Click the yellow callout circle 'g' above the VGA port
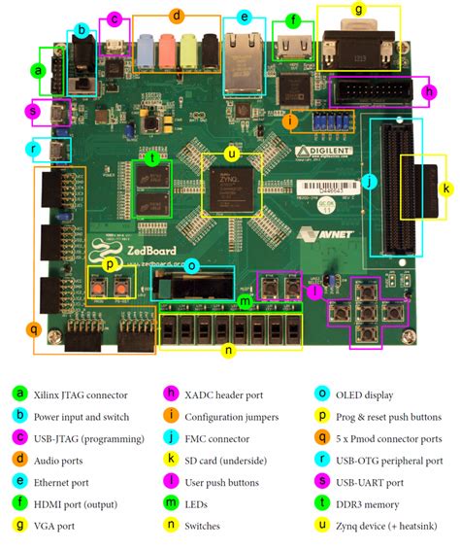point(359,10)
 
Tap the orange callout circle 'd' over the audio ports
point(176,16)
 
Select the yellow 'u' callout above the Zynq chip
point(230,154)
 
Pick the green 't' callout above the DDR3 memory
point(151,157)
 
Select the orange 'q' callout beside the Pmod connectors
point(33,329)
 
